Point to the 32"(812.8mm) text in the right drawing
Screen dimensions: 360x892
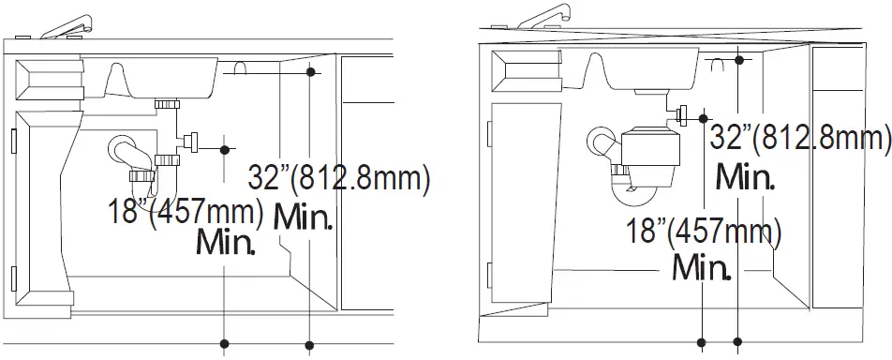799,139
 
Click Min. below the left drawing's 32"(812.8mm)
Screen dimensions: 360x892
302,218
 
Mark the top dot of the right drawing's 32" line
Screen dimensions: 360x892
740,60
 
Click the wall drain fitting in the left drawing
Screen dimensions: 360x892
190,142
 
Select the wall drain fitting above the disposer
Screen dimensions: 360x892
681,116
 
